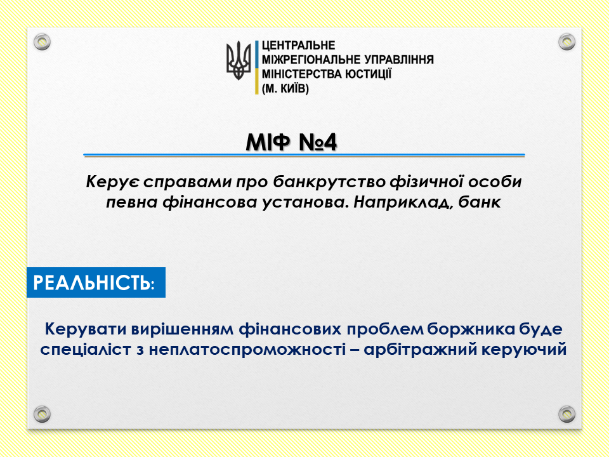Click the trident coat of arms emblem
coord(239,61)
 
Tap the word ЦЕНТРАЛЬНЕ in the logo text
coord(298,46)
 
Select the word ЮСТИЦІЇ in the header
coord(368,74)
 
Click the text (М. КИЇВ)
coord(285,89)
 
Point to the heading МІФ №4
coord(291,142)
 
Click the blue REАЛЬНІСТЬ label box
coord(96,282)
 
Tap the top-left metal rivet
coord(42,42)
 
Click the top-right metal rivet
coord(566,42)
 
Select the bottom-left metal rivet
coord(42,414)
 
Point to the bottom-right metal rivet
coord(566,414)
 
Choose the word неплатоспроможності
coord(247,349)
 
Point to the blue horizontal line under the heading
coord(304,155)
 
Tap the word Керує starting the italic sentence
coord(112,182)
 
